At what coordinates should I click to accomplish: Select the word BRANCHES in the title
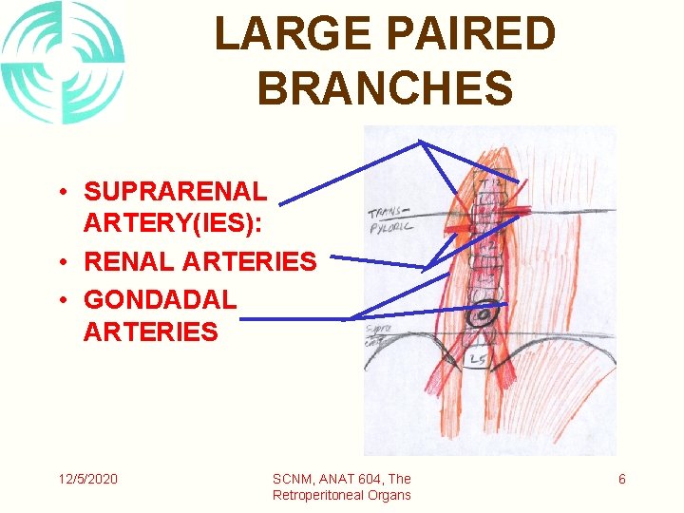click(x=385, y=87)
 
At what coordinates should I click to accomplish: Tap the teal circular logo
click(x=63, y=62)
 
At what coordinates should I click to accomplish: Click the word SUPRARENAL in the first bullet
click(x=176, y=192)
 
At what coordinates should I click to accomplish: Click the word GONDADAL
click(x=160, y=300)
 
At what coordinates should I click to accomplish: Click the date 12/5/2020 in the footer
click(x=85, y=479)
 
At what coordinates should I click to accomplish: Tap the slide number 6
click(x=622, y=479)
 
